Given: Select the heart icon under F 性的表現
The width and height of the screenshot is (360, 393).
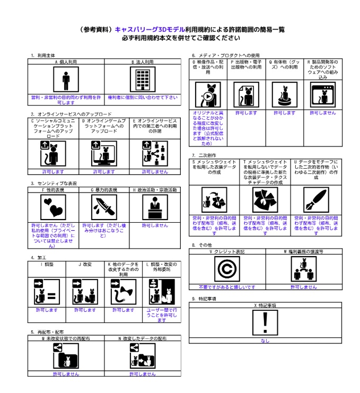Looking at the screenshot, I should (53, 207).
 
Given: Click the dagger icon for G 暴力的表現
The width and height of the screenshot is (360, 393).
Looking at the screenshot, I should (104, 207).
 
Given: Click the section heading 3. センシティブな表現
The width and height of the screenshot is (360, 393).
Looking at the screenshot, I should (54, 184).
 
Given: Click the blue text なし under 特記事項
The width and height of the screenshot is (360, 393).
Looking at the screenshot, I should (265, 341).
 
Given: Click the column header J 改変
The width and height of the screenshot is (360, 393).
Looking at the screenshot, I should (85, 264).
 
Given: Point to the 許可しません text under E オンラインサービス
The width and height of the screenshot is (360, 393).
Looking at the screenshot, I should (155, 172).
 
